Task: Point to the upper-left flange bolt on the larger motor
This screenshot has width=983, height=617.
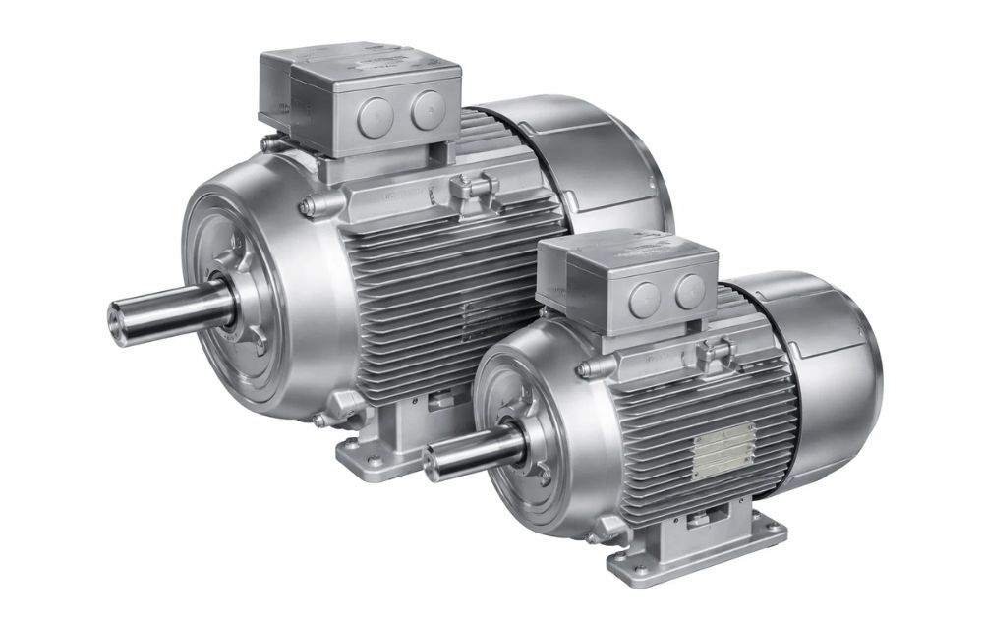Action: click(x=308, y=206)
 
